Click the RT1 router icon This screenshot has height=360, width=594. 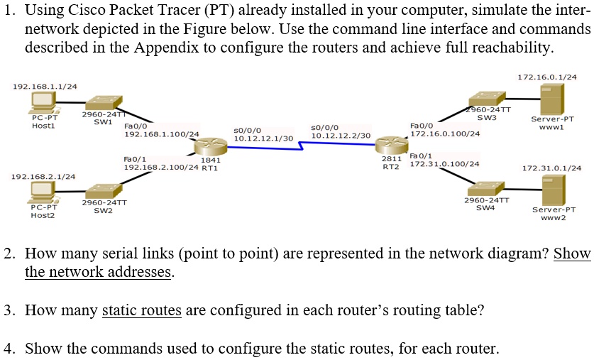[x=209, y=148]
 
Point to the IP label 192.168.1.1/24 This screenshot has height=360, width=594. [x=45, y=86]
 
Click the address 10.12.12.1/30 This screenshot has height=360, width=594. [x=263, y=138]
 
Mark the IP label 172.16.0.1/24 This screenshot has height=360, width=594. [x=547, y=76]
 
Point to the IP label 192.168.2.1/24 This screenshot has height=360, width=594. [x=44, y=175]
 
